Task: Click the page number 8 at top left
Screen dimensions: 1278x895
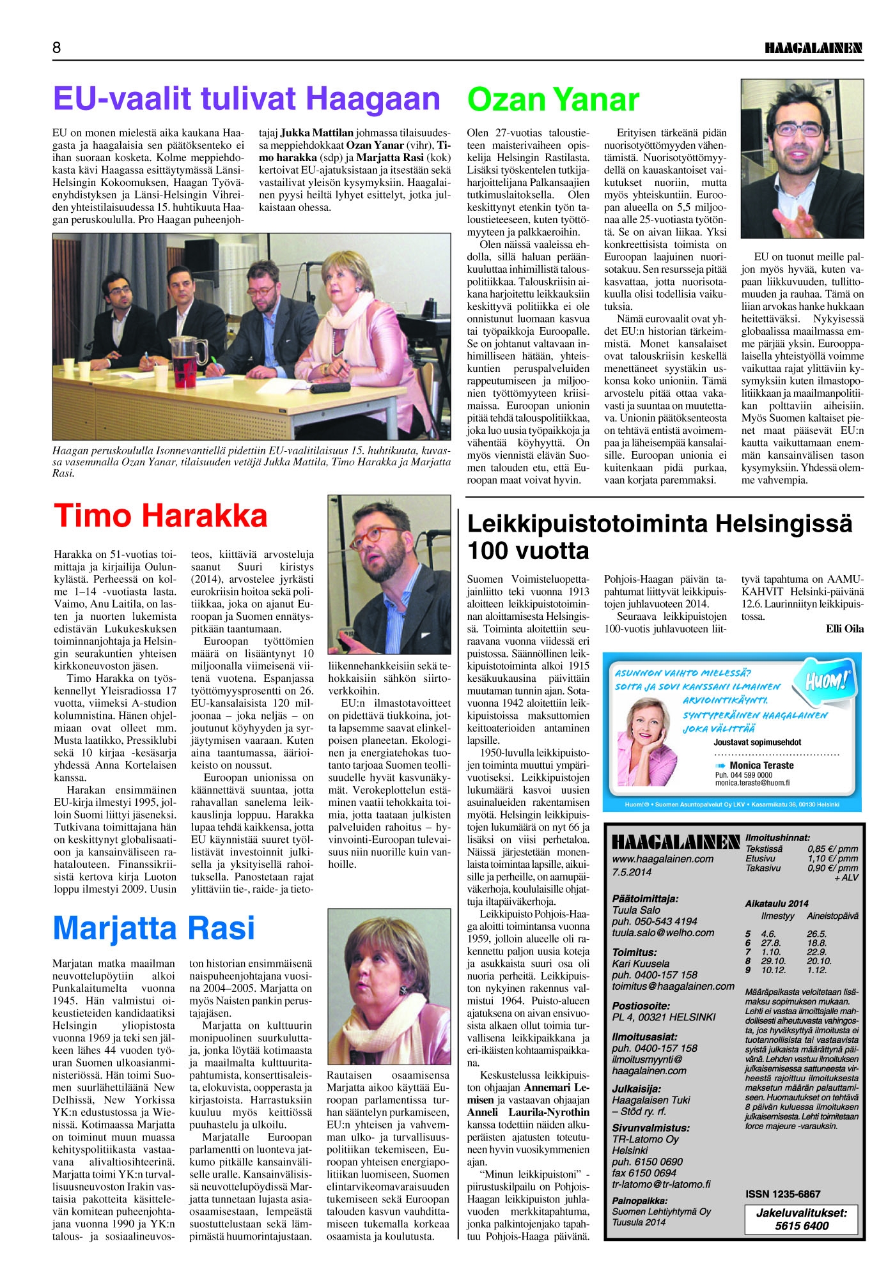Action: (57, 48)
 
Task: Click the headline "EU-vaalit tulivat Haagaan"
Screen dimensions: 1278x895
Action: (246, 99)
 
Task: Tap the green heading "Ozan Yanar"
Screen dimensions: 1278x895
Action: (553, 100)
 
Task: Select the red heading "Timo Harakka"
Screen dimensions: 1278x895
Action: (160, 516)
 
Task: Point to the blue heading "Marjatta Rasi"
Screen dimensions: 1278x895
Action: (153, 928)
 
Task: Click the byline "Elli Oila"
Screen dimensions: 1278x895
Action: (844, 629)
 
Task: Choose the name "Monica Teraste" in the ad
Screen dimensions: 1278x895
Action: (761, 765)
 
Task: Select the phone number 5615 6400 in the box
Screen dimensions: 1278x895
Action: (802, 1226)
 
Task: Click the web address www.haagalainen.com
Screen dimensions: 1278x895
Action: (662, 859)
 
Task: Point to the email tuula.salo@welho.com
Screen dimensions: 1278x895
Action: (663, 932)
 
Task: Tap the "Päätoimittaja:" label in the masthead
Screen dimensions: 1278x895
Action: (645, 898)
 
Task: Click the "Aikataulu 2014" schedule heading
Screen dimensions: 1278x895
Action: (776, 903)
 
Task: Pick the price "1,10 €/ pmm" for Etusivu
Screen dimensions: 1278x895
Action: (832, 858)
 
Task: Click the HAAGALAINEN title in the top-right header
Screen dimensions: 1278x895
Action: (813, 49)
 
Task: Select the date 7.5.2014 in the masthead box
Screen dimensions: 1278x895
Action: (632, 872)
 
